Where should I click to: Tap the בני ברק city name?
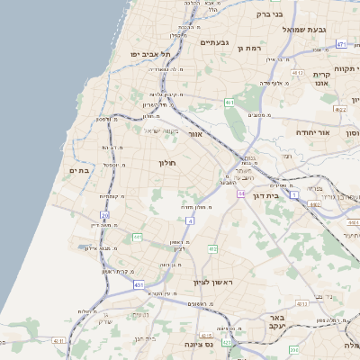269,13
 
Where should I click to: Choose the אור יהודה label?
313,132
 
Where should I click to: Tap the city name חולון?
167,163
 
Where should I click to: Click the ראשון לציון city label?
213,282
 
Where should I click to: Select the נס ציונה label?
196,344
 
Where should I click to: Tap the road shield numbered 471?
341,43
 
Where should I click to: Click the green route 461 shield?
229,103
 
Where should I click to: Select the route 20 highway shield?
104,216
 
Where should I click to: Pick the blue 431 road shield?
139,284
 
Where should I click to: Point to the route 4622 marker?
338,109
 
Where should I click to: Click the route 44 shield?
241,193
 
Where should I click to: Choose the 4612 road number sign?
297,70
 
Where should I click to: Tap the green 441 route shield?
138,237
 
